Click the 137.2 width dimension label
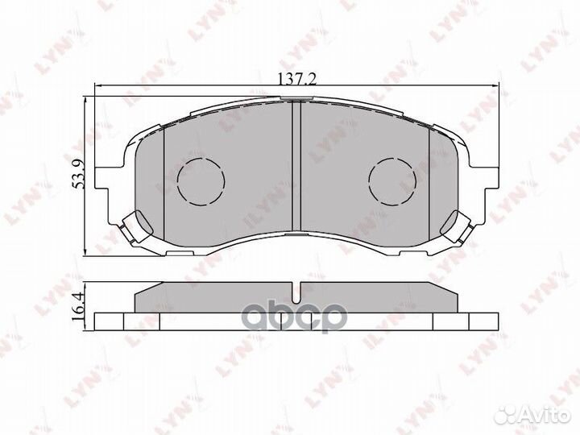pyautogui.click(x=290, y=78)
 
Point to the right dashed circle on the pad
pyautogui.click(x=391, y=179)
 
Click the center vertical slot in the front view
pyautogui.click(x=295, y=169)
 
